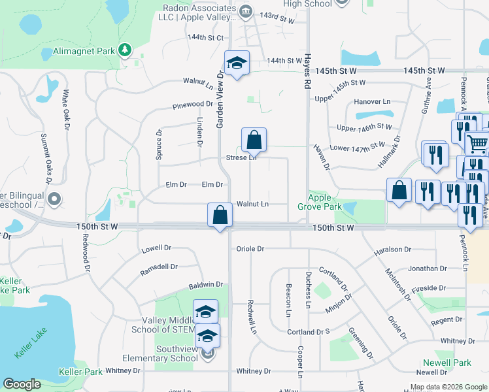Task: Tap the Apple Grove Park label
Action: (x=325, y=202)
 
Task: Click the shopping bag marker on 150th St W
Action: (x=220, y=215)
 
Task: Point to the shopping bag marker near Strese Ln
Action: (x=254, y=139)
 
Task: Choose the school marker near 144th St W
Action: (x=236, y=63)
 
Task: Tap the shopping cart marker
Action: (x=477, y=142)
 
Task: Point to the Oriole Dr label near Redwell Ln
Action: (x=250, y=249)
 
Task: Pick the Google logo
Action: (x=22, y=384)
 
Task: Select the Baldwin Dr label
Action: (x=206, y=285)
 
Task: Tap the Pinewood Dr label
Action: (x=193, y=105)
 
